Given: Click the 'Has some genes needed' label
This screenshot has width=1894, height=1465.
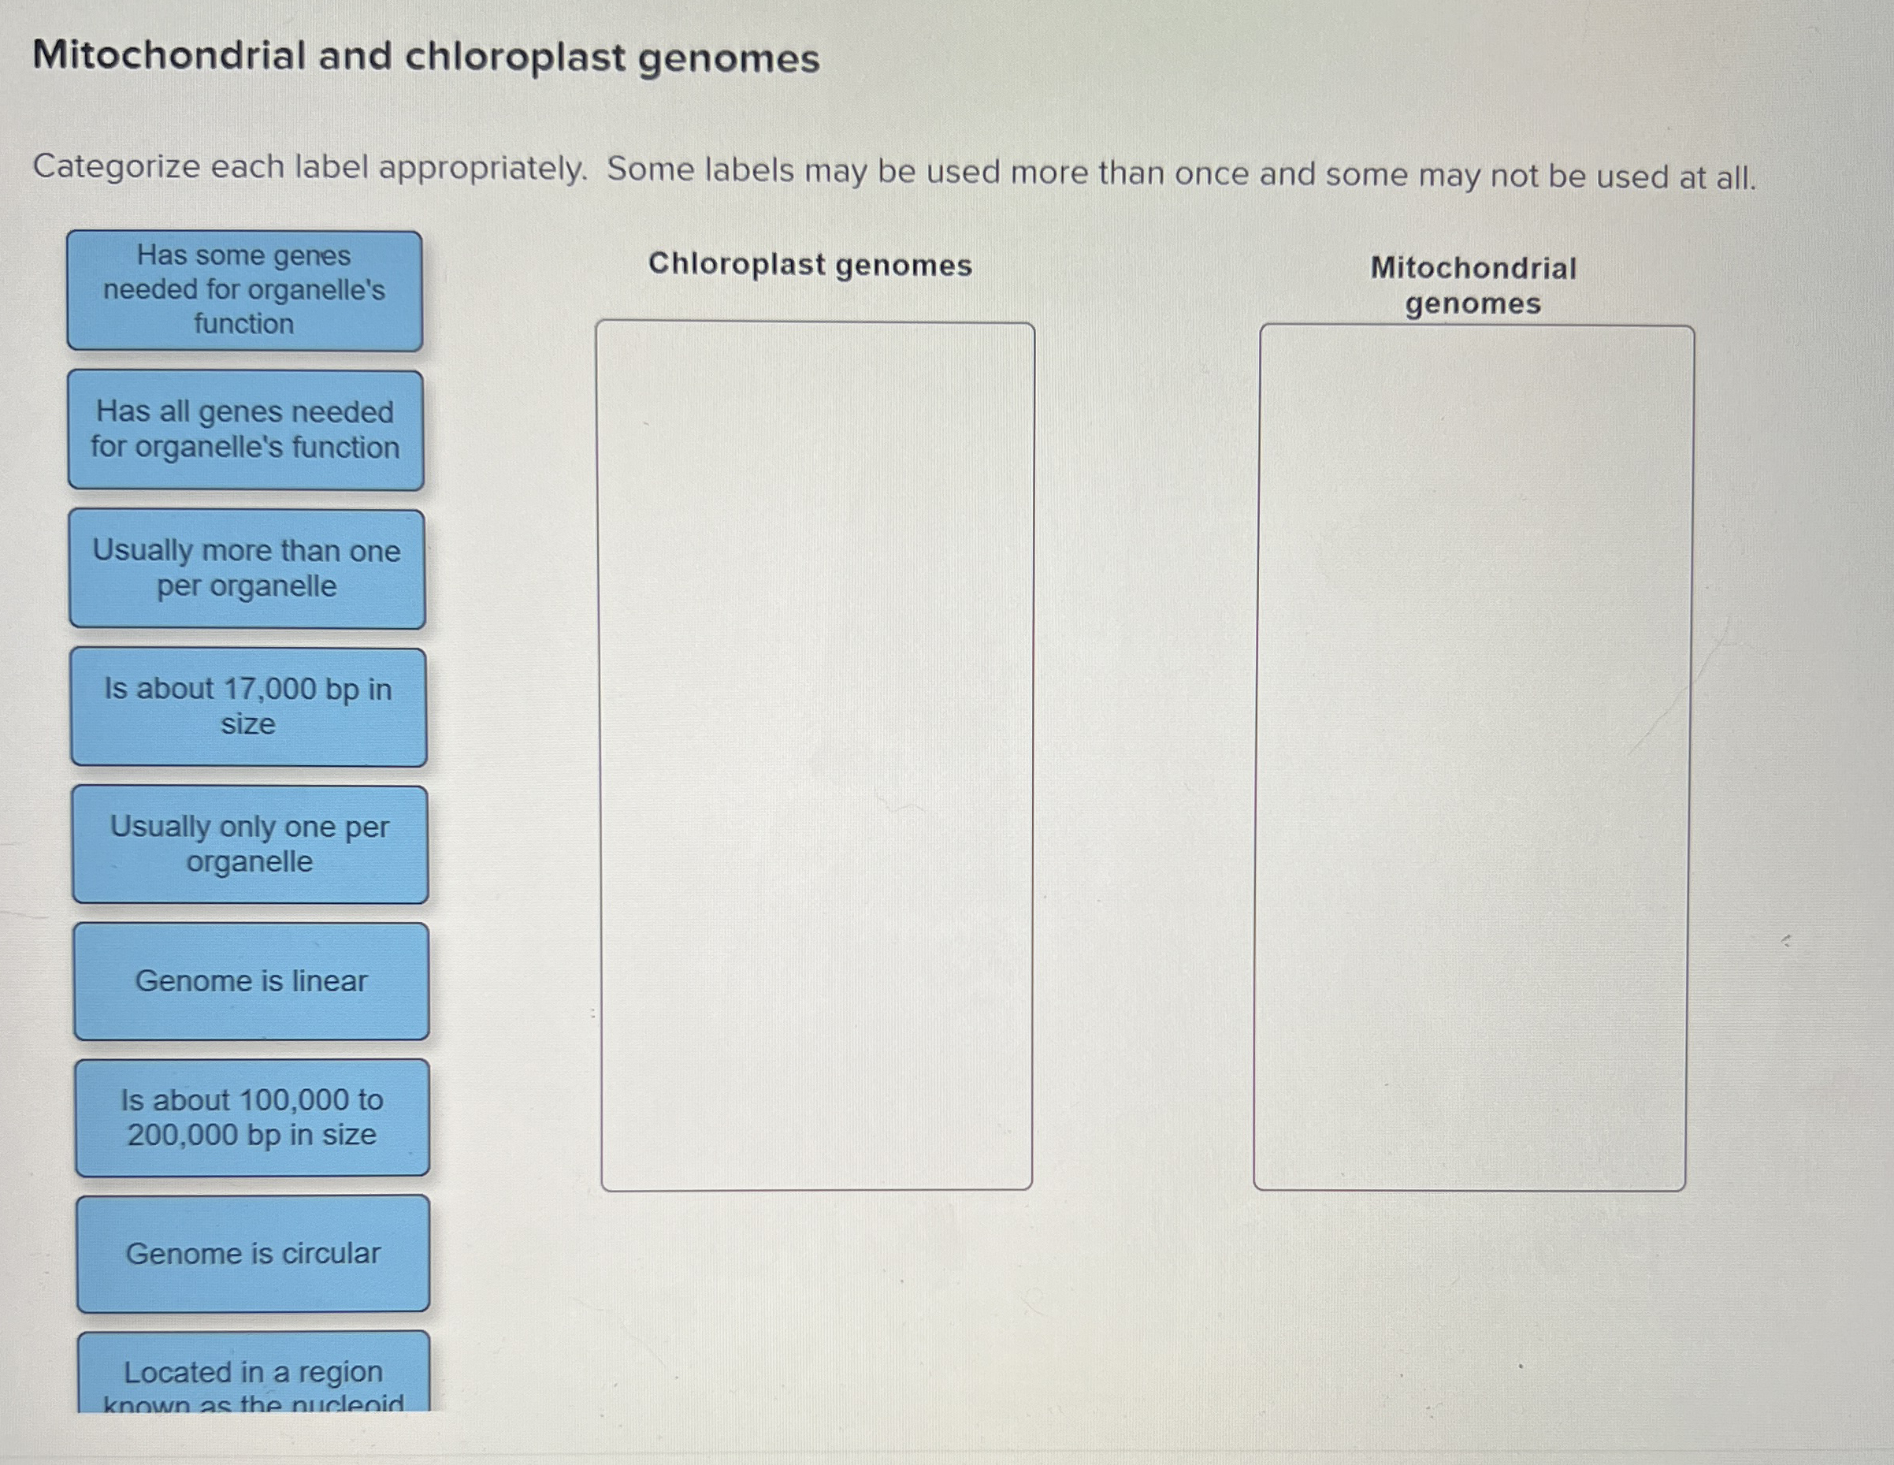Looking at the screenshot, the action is click(x=244, y=290).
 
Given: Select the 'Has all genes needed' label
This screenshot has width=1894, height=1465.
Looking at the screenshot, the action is click(x=246, y=429).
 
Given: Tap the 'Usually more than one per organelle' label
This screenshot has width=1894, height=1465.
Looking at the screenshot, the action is click(x=247, y=568).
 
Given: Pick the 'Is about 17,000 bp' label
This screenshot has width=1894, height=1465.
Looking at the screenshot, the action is click(x=248, y=706).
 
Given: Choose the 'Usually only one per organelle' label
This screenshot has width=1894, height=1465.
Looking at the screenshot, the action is click(x=250, y=844).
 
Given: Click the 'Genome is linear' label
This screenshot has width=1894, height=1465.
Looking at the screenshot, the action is click(x=251, y=981).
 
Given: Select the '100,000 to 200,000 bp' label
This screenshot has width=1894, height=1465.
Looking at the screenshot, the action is click(x=252, y=1117).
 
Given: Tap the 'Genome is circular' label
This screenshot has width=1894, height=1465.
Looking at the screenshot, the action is click(x=253, y=1253).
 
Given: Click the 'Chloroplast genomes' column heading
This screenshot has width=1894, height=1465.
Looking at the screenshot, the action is click(x=810, y=265).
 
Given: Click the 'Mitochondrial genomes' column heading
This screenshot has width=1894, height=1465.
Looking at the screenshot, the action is click(x=1473, y=285).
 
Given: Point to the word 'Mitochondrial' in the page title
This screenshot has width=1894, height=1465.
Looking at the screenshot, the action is click(x=169, y=57).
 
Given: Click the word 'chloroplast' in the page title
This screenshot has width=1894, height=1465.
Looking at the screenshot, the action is click(x=515, y=58).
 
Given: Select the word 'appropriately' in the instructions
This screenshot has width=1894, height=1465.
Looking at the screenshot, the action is click(x=482, y=169).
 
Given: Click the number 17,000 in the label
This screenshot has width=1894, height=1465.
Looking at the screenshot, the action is click(x=269, y=689).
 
